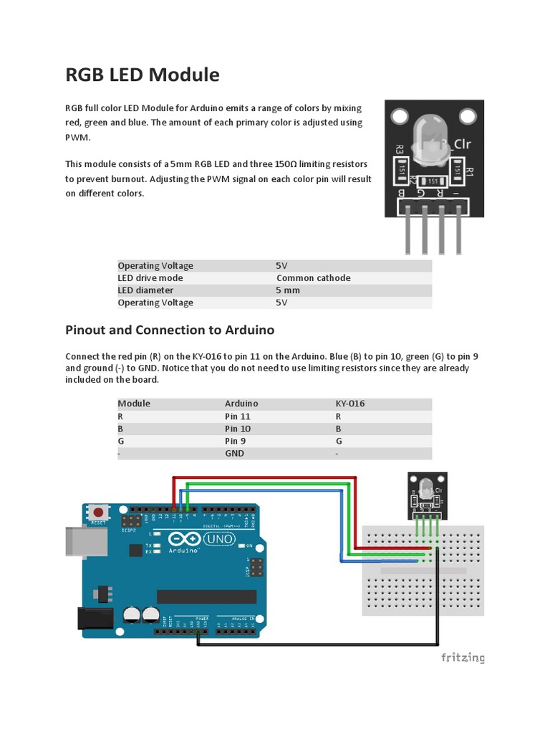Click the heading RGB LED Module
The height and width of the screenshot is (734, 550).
143,75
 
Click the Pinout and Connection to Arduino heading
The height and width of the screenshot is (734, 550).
170,330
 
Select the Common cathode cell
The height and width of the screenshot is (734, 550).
313,278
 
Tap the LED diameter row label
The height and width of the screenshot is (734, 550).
145,290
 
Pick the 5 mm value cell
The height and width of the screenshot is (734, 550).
288,290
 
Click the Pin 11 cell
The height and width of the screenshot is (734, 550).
238,416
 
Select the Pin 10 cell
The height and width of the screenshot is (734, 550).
238,429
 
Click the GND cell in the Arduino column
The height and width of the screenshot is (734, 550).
234,453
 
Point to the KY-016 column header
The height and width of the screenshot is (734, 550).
350,404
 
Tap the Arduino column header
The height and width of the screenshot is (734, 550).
241,404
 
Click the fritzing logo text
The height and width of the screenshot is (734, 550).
463,657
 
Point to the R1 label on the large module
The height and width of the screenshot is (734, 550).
470,172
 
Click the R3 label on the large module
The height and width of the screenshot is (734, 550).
399,150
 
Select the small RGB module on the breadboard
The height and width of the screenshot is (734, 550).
428,495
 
